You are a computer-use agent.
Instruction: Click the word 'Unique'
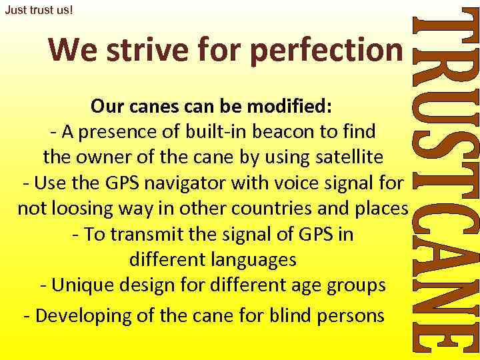coord(84,285)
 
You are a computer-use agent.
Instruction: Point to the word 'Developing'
coord(83,315)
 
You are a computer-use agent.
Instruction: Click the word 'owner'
coord(93,157)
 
